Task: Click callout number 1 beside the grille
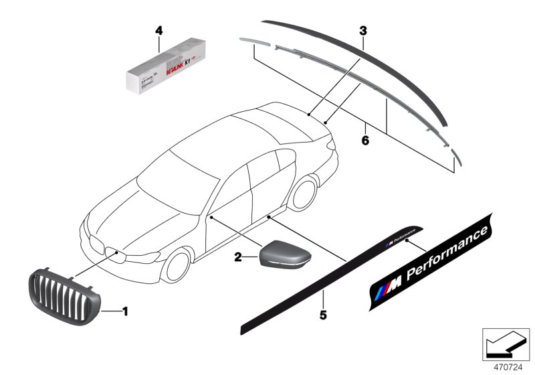125,311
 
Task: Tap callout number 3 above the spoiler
362,31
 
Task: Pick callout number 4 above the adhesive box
159,30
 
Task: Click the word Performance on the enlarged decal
449,253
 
